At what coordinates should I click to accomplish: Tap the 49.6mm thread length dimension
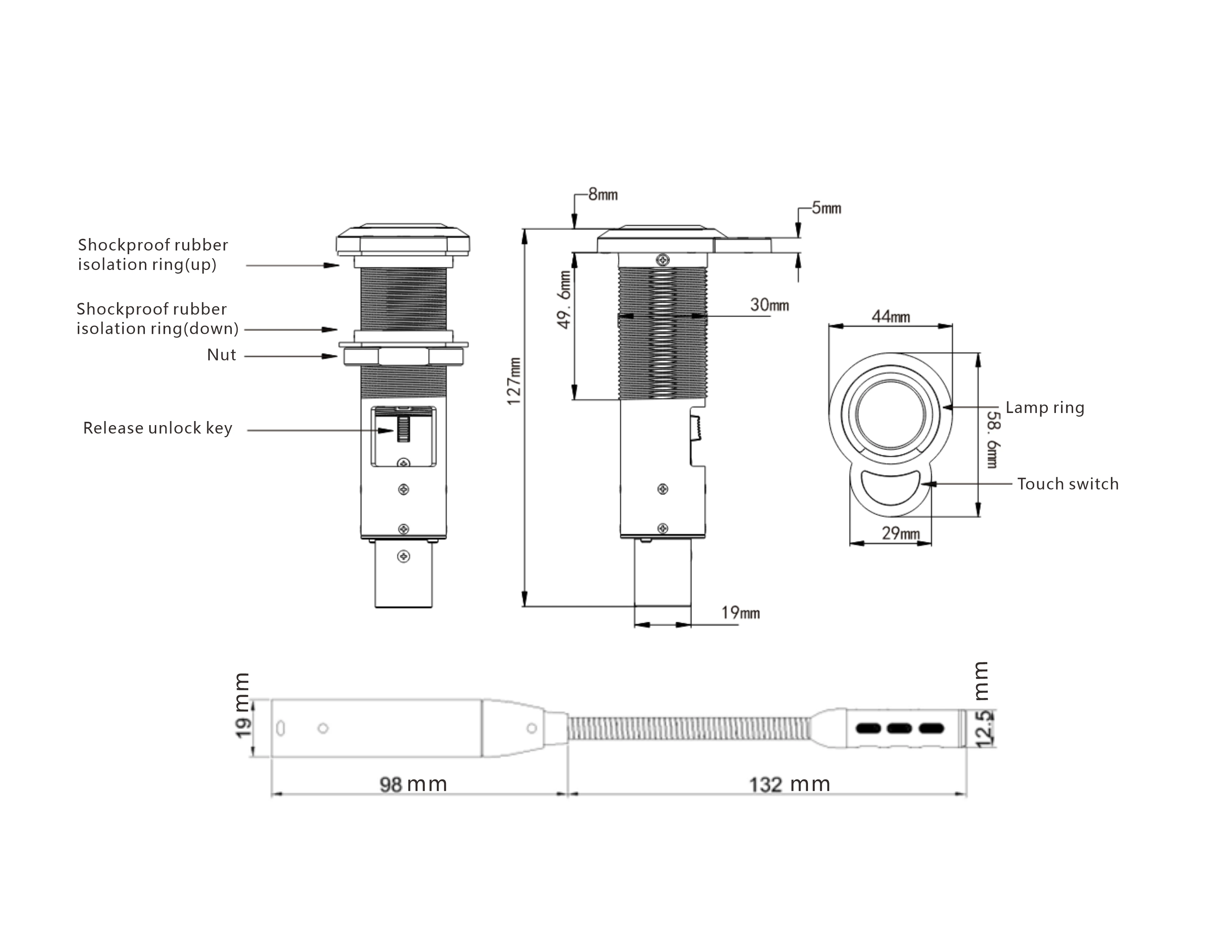point(564,300)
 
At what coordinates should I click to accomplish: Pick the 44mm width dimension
point(890,317)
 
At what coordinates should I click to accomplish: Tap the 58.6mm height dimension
point(992,439)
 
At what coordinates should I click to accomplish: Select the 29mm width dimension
point(901,533)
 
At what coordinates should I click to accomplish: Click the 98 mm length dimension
point(413,784)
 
